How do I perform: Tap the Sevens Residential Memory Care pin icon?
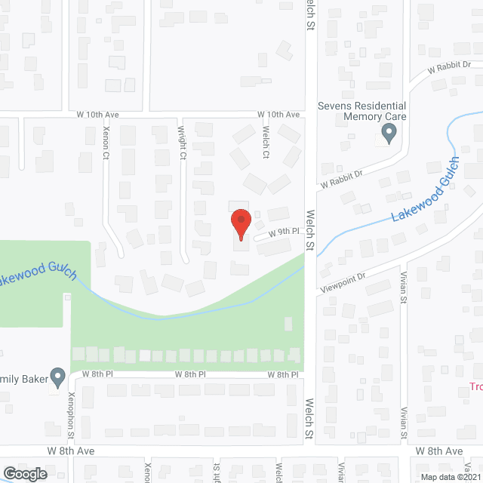389,134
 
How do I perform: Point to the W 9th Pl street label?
278,234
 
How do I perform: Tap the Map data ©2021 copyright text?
450,477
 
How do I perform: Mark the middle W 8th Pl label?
190,374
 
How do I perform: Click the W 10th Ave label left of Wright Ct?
98,114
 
